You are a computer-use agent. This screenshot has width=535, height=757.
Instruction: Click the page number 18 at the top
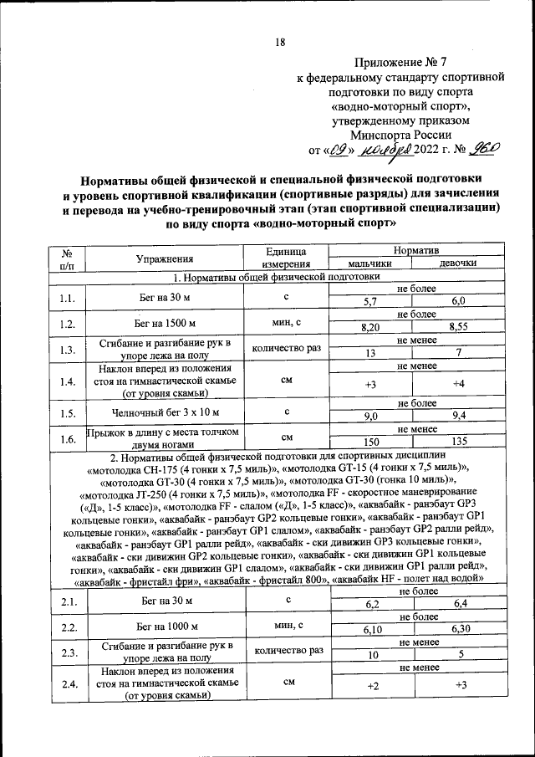(281, 43)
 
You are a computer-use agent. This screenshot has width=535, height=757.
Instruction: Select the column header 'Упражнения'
(166, 258)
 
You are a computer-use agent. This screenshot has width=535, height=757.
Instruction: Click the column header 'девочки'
(457, 263)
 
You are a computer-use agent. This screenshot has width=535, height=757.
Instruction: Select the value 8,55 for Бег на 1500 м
(457, 328)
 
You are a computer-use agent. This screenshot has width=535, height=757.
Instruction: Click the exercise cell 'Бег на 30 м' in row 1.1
(166, 297)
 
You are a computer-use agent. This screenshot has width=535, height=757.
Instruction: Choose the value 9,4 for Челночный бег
(457, 416)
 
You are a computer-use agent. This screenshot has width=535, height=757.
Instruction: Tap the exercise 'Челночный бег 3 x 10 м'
(166, 412)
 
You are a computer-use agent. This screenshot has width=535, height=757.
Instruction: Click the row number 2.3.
(69, 652)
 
